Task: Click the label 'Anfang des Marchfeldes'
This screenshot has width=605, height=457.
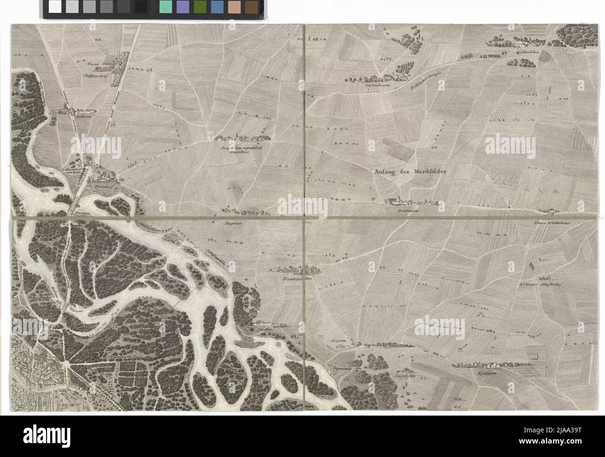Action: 410,171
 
